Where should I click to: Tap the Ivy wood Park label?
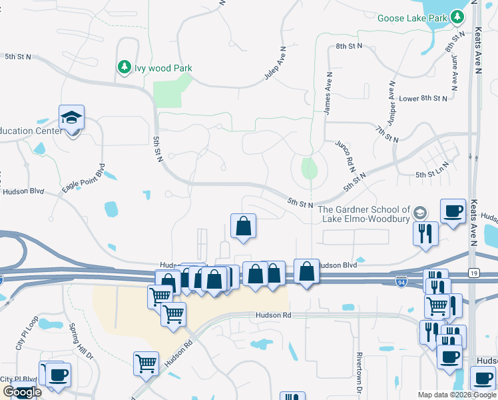point(163,68)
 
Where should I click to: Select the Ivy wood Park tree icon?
point(124,67)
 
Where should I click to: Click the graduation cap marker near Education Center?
point(71,118)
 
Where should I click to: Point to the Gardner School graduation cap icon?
point(419,213)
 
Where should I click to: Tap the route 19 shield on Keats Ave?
point(473,273)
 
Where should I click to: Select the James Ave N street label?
point(328,93)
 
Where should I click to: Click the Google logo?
point(22,392)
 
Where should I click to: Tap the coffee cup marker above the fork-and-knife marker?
point(453,211)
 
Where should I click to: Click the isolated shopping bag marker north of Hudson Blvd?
point(244,226)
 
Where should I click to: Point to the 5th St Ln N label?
point(434,175)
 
